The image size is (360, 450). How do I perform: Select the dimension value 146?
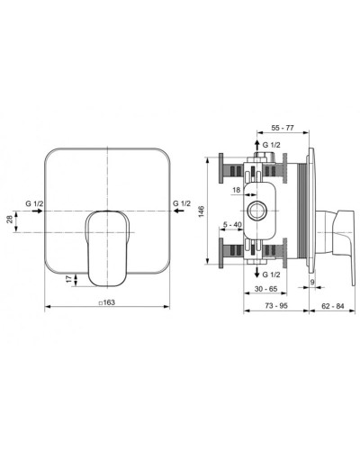[x=202, y=211]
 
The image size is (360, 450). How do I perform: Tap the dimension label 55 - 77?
[x=283, y=128]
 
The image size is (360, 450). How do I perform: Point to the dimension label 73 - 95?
[x=276, y=305]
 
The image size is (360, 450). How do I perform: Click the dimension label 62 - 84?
[x=333, y=306]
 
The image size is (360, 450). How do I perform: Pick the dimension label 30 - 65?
[x=266, y=289]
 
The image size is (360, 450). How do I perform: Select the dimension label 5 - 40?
[x=232, y=224]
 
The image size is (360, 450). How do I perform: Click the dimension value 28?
[x=10, y=219]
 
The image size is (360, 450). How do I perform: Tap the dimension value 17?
[x=69, y=279]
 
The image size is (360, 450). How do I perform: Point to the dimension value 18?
[x=237, y=190]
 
